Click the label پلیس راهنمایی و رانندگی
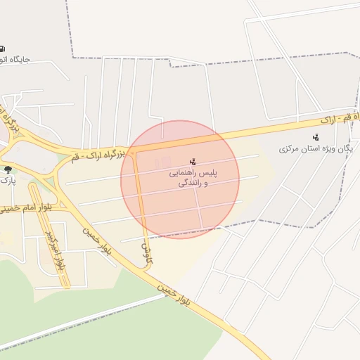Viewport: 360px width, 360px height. point(193,177)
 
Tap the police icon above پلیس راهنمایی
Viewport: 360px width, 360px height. point(193,162)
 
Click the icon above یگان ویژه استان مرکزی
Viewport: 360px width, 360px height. point(316,137)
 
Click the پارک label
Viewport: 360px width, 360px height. point(7,181)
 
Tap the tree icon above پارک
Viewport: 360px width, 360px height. point(8,169)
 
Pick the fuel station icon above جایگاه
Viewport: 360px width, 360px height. point(3,48)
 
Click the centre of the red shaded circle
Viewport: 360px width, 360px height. point(180,179)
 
